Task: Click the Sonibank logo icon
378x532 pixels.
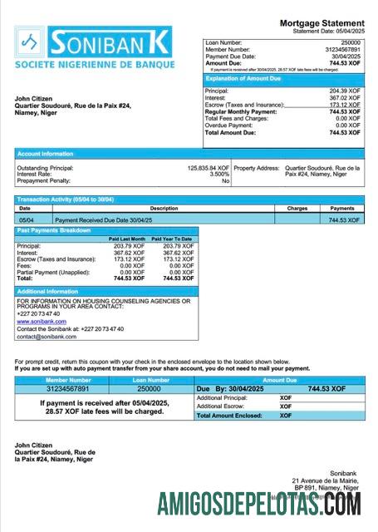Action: tap(30, 42)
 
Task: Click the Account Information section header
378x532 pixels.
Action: tap(45, 154)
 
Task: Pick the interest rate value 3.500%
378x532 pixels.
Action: tap(219, 175)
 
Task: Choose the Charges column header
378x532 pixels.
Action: tap(297, 209)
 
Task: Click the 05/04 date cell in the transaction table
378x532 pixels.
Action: tap(25, 219)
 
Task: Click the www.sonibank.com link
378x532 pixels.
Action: tap(41, 321)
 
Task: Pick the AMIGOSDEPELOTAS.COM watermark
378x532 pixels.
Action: tap(258, 504)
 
